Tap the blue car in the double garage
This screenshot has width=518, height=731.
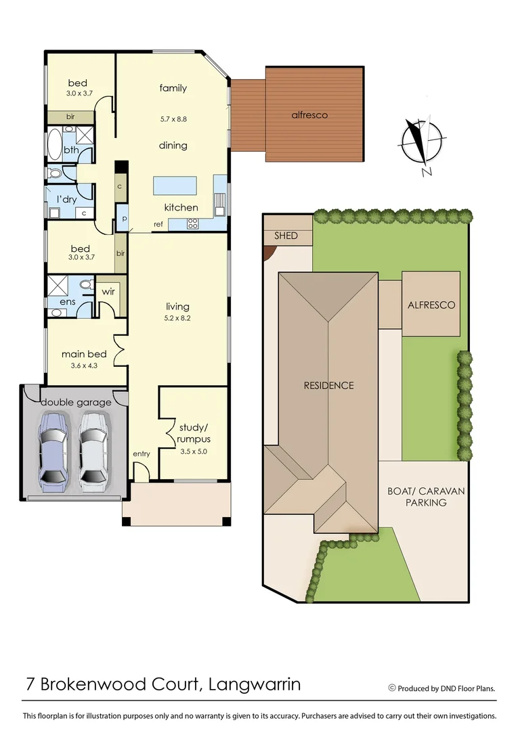tap(53, 451)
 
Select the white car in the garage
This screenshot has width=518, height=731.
tap(93, 451)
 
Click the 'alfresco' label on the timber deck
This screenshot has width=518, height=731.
tap(309, 115)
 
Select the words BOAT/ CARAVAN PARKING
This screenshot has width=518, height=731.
tap(427, 497)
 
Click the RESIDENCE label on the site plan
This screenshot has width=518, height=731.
tap(328, 386)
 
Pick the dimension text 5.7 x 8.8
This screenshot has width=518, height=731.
tap(173, 119)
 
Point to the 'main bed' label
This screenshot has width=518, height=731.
tap(84, 354)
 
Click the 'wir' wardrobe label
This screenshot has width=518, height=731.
tap(108, 292)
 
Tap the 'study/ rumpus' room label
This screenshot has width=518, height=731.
tap(194, 433)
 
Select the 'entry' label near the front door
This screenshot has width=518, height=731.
tap(142, 453)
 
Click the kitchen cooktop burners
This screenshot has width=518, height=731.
tap(192, 223)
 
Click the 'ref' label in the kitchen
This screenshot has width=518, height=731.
tap(158, 224)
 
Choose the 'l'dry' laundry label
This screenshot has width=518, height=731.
tap(66, 199)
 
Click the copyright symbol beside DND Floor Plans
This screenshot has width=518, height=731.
tap(391, 688)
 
